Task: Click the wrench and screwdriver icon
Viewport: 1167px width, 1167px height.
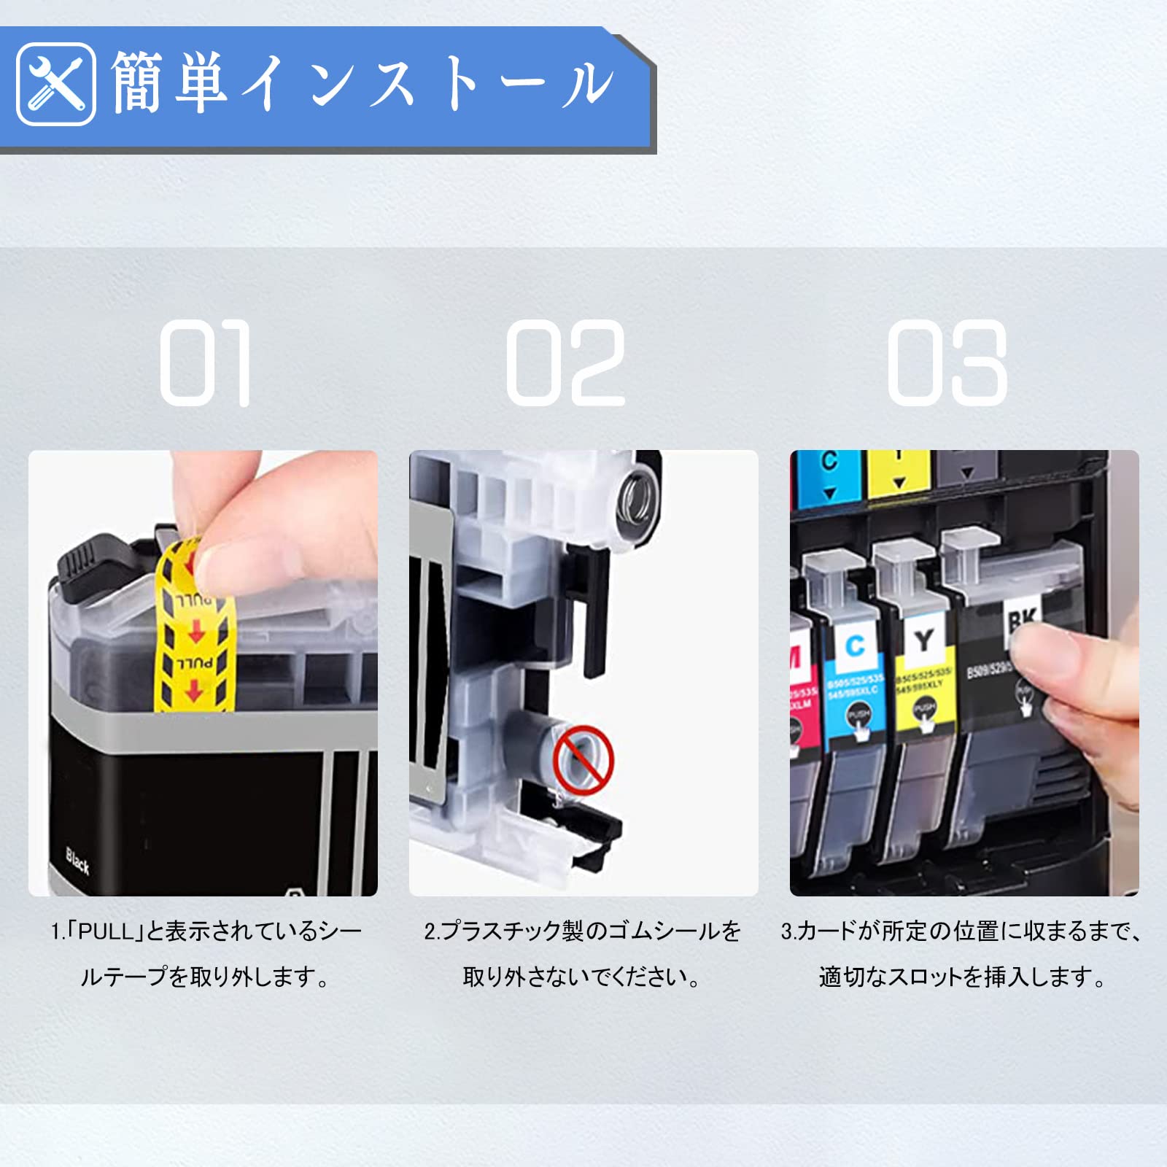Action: (55, 84)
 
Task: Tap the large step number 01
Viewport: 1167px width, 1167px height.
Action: (206, 362)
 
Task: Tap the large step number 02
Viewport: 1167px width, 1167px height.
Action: (566, 362)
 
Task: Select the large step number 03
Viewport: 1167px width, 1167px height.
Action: (947, 362)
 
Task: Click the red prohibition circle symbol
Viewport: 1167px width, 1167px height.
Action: (583, 759)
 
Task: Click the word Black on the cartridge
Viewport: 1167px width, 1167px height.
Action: (77, 861)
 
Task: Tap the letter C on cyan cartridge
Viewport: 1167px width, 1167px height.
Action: (854, 645)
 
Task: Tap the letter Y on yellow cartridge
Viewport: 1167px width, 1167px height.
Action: (924, 640)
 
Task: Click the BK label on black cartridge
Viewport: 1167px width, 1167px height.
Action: (1021, 620)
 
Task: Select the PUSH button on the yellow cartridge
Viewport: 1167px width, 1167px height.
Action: (925, 709)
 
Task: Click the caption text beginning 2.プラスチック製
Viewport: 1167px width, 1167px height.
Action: (582, 931)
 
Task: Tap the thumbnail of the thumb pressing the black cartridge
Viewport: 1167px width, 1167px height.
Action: (964, 672)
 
